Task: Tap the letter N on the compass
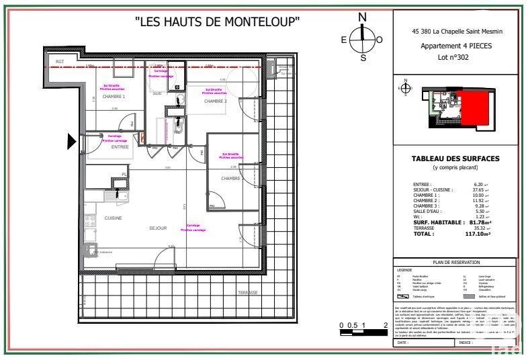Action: pyautogui.click(x=363, y=17)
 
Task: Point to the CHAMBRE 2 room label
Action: pyautogui.click(x=216, y=101)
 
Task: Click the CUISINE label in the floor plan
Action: pyautogui.click(x=112, y=218)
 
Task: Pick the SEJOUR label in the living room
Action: pyautogui.click(x=157, y=228)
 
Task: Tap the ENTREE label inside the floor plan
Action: pyautogui.click(x=120, y=146)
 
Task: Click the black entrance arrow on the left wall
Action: pyautogui.click(x=72, y=141)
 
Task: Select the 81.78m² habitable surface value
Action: pyautogui.click(x=476, y=222)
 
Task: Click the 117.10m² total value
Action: pyautogui.click(x=478, y=234)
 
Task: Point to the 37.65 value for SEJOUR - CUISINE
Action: pyautogui.click(x=478, y=189)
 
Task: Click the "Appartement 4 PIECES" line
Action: pyautogui.click(x=456, y=46)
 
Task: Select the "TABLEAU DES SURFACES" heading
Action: pyautogui.click(x=456, y=159)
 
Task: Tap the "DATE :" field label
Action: pyautogui.click(x=403, y=342)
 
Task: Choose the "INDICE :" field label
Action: pyautogui.click(x=465, y=342)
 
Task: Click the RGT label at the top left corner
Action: pyautogui.click(x=60, y=62)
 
